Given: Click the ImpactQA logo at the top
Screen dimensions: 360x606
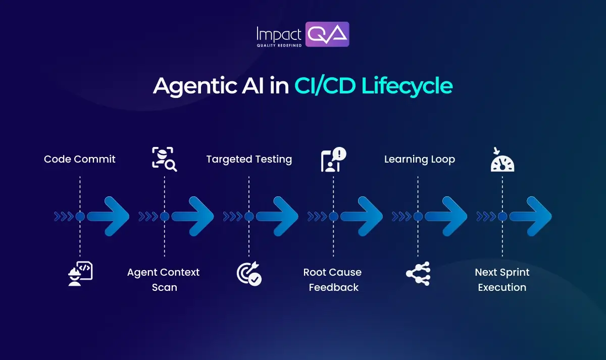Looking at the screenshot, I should (x=302, y=34).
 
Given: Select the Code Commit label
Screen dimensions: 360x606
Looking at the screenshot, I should (x=80, y=159).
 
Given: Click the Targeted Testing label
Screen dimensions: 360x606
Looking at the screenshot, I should (x=249, y=159).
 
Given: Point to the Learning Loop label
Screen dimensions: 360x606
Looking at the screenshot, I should (x=419, y=159).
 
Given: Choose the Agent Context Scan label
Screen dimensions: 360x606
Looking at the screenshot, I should (x=164, y=280).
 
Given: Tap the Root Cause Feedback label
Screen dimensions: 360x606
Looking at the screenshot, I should (x=332, y=280).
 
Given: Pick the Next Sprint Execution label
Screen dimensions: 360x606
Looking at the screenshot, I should (x=502, y=280).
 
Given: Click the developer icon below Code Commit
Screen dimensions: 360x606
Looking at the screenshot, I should (x=80, y=273).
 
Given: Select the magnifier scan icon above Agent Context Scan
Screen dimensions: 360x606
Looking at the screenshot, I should (x=164, y=159).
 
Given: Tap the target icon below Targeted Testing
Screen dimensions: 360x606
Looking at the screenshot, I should (x=249, y=273).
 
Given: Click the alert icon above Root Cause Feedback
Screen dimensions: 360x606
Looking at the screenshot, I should (x=333, y=160).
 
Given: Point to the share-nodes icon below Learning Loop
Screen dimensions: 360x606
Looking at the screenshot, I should (x=418, y=273).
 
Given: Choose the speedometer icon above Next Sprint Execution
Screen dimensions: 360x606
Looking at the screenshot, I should (x=502, y=161).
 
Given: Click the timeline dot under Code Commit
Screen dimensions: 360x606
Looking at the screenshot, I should (x=80, y=217).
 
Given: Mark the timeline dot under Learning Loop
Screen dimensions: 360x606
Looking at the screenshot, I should (x=418, y=217).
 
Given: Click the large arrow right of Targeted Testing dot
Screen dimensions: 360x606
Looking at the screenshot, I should (x=278, y=217).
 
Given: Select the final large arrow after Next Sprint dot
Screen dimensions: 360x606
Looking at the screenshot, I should (x=531, y=217).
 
